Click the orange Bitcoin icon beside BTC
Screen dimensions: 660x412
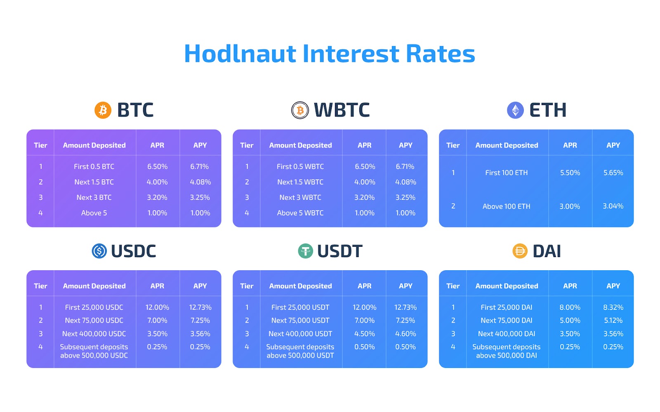point(103,110)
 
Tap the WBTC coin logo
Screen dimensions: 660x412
point(300,110)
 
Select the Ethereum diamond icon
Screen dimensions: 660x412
point(515,110)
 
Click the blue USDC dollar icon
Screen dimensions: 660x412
point(99,251)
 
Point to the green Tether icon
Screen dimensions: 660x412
point(305,251)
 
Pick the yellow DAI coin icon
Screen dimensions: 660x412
point(520,251)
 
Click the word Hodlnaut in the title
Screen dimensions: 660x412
point(240,54)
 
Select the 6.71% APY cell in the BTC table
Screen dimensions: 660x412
point(200,166)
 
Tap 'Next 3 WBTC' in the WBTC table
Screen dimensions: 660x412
point(300,197)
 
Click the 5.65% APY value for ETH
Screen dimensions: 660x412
point(613,173)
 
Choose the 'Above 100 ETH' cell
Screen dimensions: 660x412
point(507,206)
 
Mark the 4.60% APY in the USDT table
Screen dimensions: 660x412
point(405,334)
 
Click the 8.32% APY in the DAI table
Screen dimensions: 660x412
point(613,307)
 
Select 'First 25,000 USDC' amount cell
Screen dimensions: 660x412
point(94,307)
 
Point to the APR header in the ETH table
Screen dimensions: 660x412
point(570,145)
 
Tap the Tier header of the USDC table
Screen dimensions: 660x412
point(40,286)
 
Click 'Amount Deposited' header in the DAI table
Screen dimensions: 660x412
point(507,286)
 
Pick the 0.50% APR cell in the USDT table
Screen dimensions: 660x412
point(365,346)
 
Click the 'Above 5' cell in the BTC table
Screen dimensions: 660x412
point(94,213)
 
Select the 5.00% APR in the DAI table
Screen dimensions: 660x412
point(570,320)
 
